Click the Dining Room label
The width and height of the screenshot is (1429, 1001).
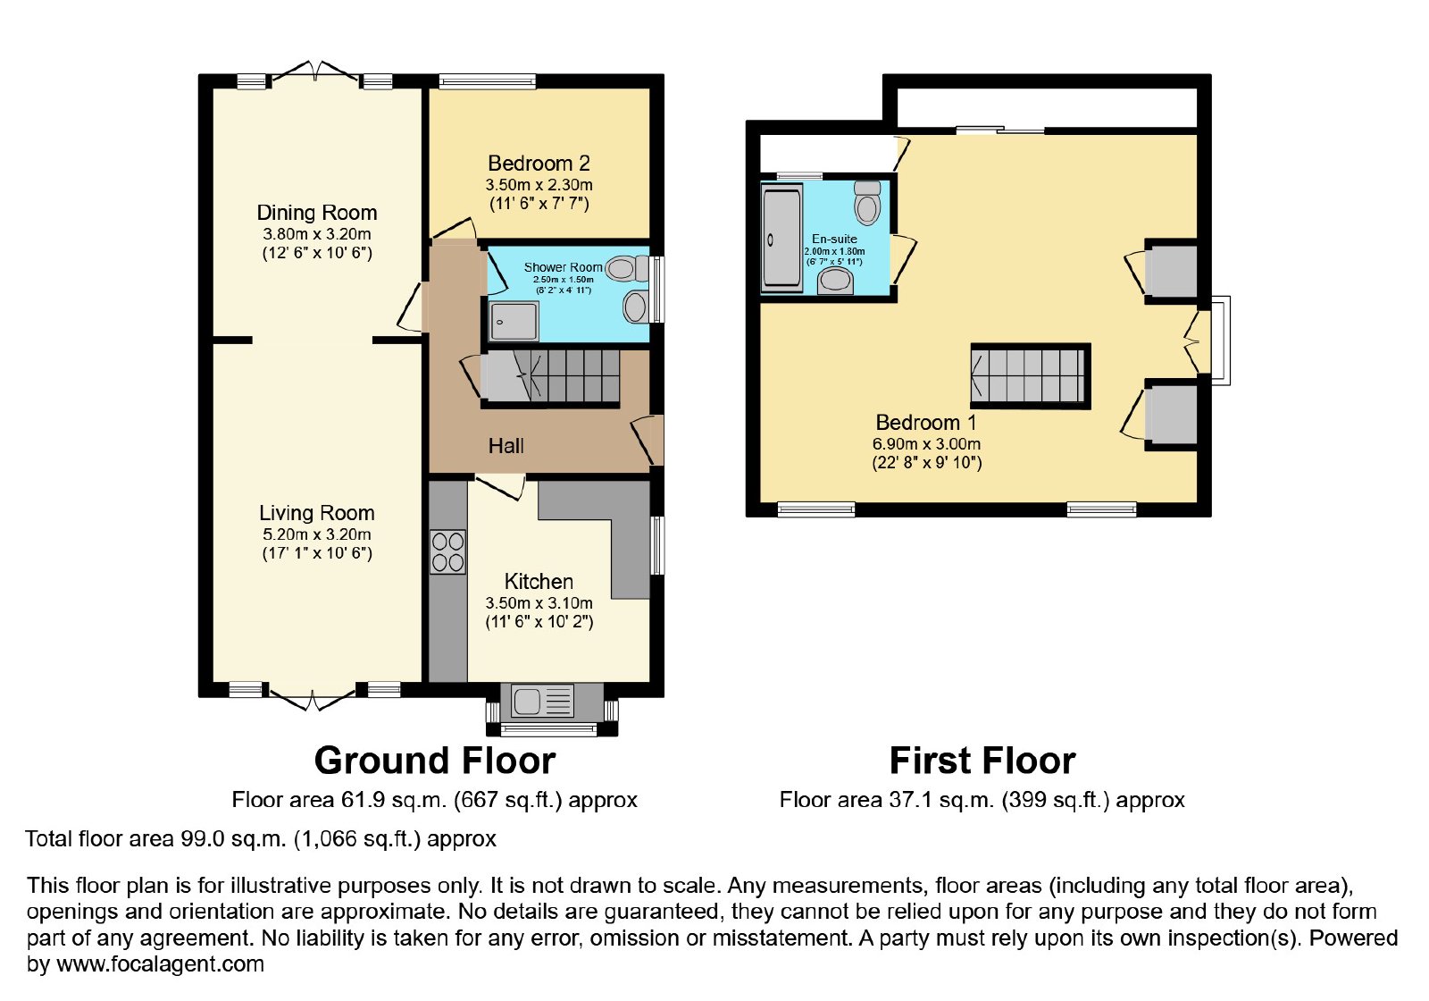point(317,213)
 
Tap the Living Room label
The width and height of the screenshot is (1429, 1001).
point(317,513)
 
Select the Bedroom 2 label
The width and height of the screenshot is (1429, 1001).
point(539,164)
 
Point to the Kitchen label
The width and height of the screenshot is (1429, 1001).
point(539,582)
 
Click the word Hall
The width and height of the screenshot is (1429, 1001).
point(506,446)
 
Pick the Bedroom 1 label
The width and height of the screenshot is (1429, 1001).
point(926,423)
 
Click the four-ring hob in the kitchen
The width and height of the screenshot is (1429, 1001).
point(447,552)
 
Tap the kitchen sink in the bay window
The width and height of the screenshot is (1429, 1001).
point(542,701)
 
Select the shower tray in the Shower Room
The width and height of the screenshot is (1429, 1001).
point(514,322)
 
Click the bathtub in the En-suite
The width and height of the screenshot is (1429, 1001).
point(781,238)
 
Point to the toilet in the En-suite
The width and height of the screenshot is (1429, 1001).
point(867,202)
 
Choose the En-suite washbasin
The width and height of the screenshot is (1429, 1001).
point(836,281)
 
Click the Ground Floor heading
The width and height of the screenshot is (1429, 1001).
point(435,761)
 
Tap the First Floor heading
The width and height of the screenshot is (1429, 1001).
point(982,761)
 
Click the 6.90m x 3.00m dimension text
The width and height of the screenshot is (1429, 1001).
point(926,444)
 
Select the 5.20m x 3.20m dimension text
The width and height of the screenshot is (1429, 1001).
point(317,534)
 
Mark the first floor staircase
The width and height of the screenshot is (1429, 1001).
point(1031,376)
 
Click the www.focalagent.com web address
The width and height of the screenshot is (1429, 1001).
point(160,963)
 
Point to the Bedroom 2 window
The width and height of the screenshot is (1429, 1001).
point(488,81)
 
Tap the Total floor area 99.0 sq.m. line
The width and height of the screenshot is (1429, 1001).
point(260,838)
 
